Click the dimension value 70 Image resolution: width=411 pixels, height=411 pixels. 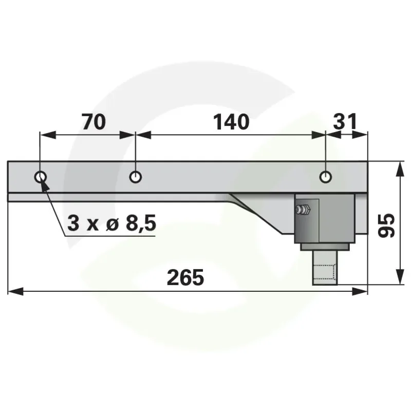[94, 122]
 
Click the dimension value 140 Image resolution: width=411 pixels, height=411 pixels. [231, 122]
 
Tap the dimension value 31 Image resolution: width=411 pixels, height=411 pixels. [345, 122]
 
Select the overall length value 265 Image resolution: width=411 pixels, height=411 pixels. [185, 277]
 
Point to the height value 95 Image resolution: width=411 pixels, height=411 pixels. [386, 226]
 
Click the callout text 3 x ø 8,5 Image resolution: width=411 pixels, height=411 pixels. [111, 223]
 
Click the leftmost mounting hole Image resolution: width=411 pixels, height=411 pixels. [41, 177]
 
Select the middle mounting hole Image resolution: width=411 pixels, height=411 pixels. [136, 177]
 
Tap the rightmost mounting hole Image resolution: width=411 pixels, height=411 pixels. [326, 177]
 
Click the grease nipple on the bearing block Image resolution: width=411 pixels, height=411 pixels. [303, 210]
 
